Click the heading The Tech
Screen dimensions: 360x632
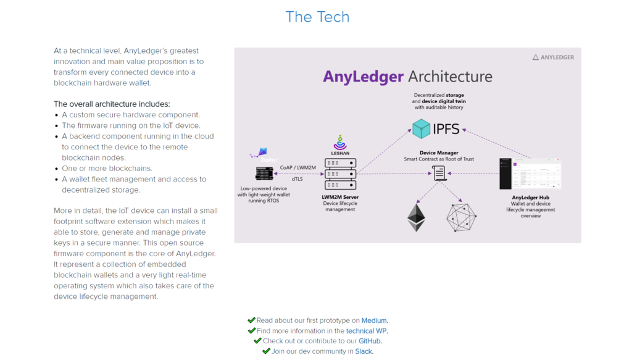pyautogui.click(x=317, y=17)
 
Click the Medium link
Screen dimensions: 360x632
pyautogui.click(x=374, y=320)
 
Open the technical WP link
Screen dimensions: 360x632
pyautogui.click(x=367, y=331)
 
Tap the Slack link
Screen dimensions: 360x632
pyautogui.click(x=364, y=351)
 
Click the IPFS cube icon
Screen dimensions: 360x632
pyautogui.click(x=422, y=129)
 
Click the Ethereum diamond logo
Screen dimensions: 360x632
pyautogui.click(x=416, y=217)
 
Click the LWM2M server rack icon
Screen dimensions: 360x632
pyautogui.click(x=340, y=175)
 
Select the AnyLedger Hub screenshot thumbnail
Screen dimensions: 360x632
pyautogui.click(x=530, y=174)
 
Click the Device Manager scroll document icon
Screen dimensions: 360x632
pyautogui.click(x=439, y=173)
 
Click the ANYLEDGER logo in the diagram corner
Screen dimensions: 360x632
pyautogui.click(x=553, y=57)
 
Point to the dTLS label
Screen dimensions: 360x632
pyautogui.click(x=297, y=179)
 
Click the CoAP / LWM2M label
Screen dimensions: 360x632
pyautogui.click(x=297, y=167)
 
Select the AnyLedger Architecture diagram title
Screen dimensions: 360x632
pyautogui.click(x=407, y=77)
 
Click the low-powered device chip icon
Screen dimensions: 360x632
pyautogui.click(x=265, y=174)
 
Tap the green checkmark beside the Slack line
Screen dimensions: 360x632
pyautogui.click(x=266, y=351)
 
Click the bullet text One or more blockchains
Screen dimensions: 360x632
pyautogui.click(x=107, y=169)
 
